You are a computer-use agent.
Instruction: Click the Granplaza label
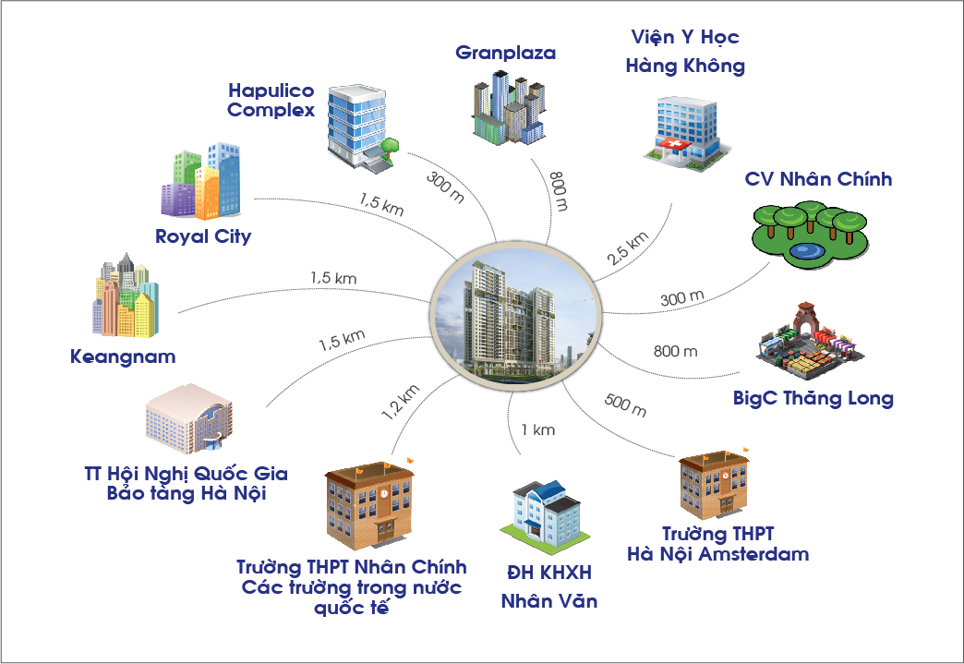[505, 53]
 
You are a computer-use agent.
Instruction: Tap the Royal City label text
[203, 236]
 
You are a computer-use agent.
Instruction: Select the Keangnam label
[123, 356]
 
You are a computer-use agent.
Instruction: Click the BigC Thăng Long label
[813, 398]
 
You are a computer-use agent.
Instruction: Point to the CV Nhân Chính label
[818, 179]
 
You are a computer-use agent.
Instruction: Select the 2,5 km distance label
[628, 247]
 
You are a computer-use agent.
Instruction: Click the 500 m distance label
[625, 404]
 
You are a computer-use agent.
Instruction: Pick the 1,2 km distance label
[401, 402]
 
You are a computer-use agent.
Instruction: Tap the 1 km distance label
[538, 429]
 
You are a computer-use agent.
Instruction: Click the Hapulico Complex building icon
[363, 126]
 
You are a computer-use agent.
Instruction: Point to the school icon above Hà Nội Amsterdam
[715, 485]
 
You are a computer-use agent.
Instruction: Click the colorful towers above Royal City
[200, 182]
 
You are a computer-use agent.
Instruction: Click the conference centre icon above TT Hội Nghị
[189, 418]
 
